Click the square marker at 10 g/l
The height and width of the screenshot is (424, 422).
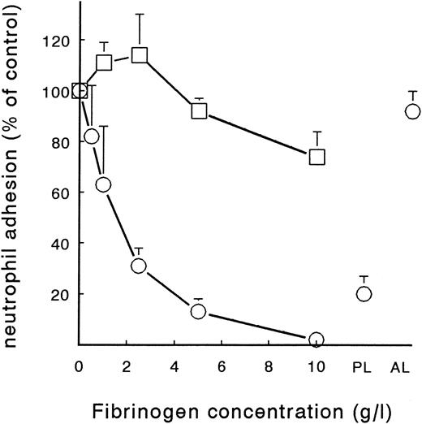317,157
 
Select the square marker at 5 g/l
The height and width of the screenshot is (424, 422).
199,110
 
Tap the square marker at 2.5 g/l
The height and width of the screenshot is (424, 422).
139,55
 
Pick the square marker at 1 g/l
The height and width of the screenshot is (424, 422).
104,63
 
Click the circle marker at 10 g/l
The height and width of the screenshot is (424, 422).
316,339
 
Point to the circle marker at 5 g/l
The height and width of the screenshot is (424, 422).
198,312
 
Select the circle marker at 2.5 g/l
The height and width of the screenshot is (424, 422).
139,266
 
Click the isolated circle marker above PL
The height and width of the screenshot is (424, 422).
364,294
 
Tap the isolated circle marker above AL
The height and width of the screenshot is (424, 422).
411,111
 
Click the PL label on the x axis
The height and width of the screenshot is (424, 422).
364,366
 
